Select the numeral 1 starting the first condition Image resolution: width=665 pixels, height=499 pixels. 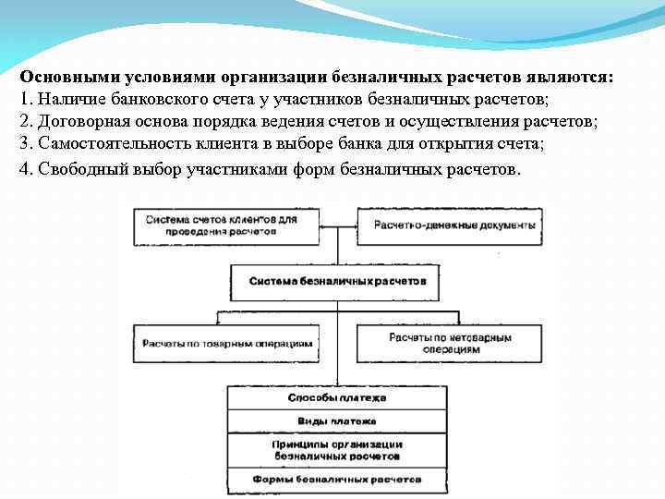click(23, 100)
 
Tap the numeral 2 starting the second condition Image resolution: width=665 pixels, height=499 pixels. click(23, 122)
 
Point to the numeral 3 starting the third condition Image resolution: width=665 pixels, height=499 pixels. click(23, 144)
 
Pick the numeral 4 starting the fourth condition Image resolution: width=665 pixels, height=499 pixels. click(23, 170)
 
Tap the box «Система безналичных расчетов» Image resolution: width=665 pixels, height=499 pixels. click(338, 280)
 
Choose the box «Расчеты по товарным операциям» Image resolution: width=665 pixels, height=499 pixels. click(226, 343)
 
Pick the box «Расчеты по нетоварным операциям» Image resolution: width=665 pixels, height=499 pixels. click(447, 344)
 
